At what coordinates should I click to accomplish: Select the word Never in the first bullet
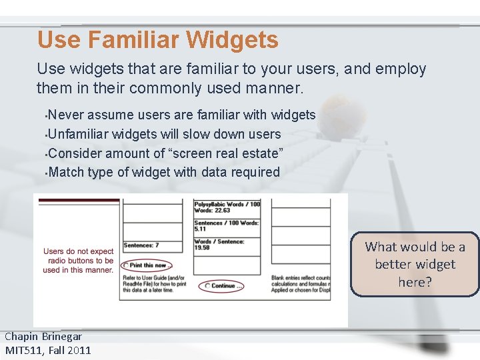[66, 115]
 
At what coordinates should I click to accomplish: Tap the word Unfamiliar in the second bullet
[78, 134]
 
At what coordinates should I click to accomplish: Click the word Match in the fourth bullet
[67, 172]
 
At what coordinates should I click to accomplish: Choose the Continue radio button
[207, 286]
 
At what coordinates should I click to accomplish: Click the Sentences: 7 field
[141, 245]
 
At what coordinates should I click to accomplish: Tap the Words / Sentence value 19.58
[203, 248]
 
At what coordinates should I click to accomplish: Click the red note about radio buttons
[78, 261]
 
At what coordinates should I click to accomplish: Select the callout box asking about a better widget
[415, 265]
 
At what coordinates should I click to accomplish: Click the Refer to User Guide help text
[153, 284]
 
